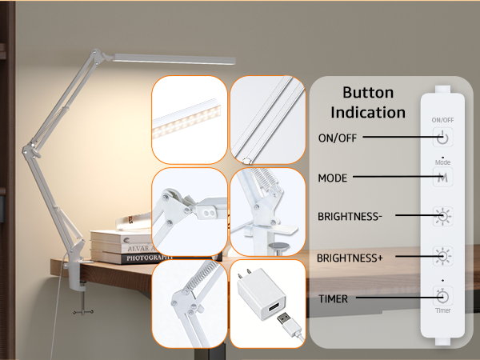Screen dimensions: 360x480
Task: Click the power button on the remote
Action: click(442, 137)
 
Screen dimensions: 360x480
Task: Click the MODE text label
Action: click(332, 178)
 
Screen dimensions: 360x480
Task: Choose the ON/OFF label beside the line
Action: click(336, 137)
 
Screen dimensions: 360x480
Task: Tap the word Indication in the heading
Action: click(369, 112)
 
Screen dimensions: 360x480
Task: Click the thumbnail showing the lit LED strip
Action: click(189, 119)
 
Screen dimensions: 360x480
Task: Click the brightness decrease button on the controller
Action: click(442, 216)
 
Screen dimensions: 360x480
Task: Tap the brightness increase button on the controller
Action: click(442, 256)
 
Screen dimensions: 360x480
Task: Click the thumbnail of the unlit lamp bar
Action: click(267, 119)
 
